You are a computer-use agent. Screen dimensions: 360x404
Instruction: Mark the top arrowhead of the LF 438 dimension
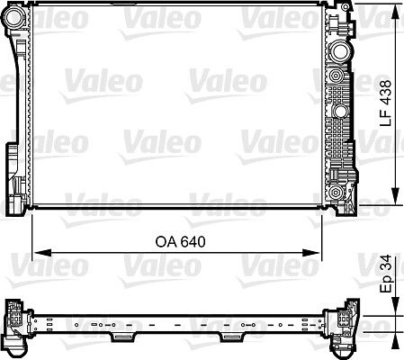point(394,9)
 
